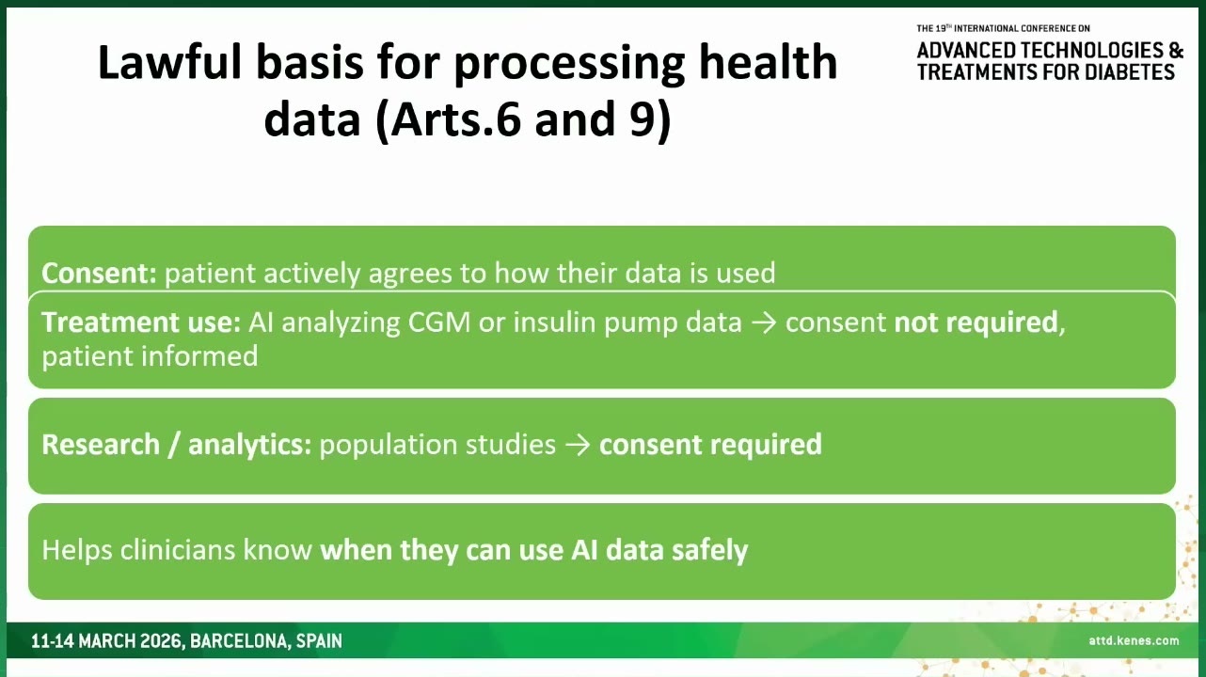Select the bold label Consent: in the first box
click(99, 273)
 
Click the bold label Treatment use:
click(141, 323)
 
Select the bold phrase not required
click(976, 323)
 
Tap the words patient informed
click(150, 356)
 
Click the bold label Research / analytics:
click(177, 445)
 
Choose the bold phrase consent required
click(710, 445)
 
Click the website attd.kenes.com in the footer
click(1134, 640)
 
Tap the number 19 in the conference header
click(941, 28)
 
